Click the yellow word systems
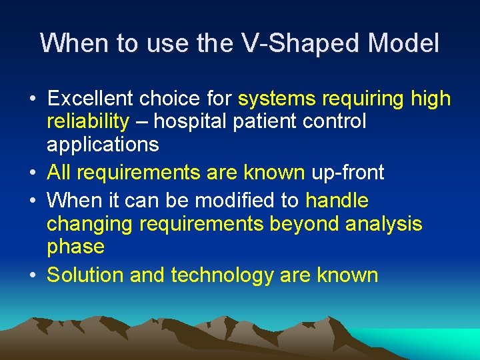[x=276, y=99]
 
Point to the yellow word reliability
[x=87, y=121]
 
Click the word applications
[x=103, y=144]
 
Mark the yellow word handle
[x=337, y=201]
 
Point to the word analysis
[x=383, y=223]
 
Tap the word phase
[x=75, y=246]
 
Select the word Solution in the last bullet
[x=85, y=275]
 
